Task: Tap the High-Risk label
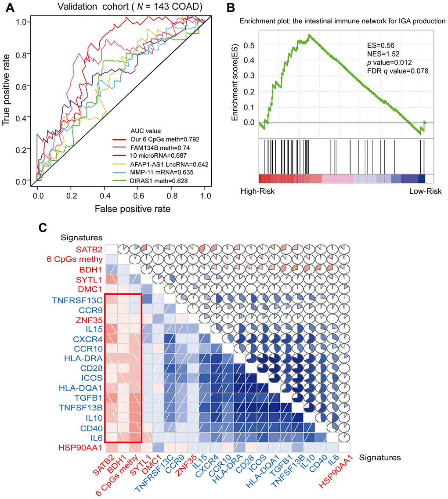click(x=257, y=191)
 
